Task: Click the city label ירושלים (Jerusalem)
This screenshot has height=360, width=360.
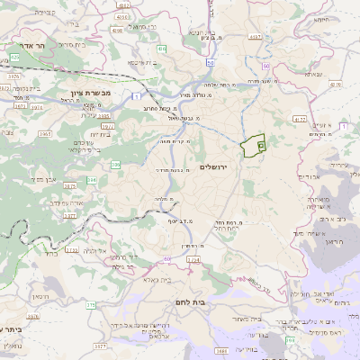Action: click(239, 167)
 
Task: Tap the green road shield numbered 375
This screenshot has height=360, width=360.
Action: click(90, 305)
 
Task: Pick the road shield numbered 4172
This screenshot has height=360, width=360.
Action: click(300, 118)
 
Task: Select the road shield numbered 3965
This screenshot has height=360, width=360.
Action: click(20, 133)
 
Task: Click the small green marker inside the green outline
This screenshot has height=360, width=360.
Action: click(261, 143)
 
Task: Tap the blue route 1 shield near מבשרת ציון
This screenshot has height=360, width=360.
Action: click(135, 96)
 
